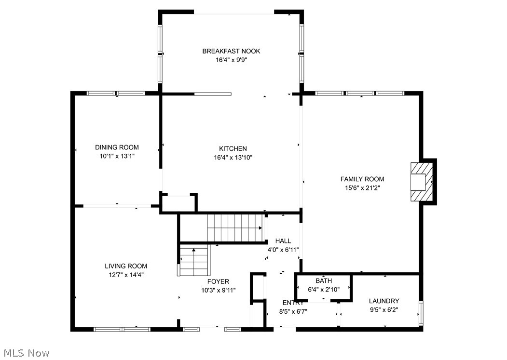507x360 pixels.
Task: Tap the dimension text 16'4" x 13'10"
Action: click(233, 158)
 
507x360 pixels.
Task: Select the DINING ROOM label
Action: click(117, 147)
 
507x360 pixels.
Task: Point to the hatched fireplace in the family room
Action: click(421, 182)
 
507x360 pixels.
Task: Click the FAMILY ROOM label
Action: click(362, 179)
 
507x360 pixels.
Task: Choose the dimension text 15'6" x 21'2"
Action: click(362, 188)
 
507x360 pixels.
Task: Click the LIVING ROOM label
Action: click(126, 266)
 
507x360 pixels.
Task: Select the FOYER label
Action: click(218, 281)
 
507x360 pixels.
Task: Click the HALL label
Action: click(283, 241)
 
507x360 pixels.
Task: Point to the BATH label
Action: click(324, 281)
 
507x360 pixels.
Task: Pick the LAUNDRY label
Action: click(384, 301)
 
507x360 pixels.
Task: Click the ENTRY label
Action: click(293, 303)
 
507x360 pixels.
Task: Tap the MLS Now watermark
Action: click(25, 353)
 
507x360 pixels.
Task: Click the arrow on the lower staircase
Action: click(194, 251)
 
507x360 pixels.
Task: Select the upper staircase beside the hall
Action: click(235, 227)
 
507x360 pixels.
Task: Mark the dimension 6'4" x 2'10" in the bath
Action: click(324, 290)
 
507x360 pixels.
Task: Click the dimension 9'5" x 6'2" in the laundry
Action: click(384, 310)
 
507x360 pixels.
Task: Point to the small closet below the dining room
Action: click(178, 203)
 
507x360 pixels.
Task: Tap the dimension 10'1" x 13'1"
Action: click(117, 156)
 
